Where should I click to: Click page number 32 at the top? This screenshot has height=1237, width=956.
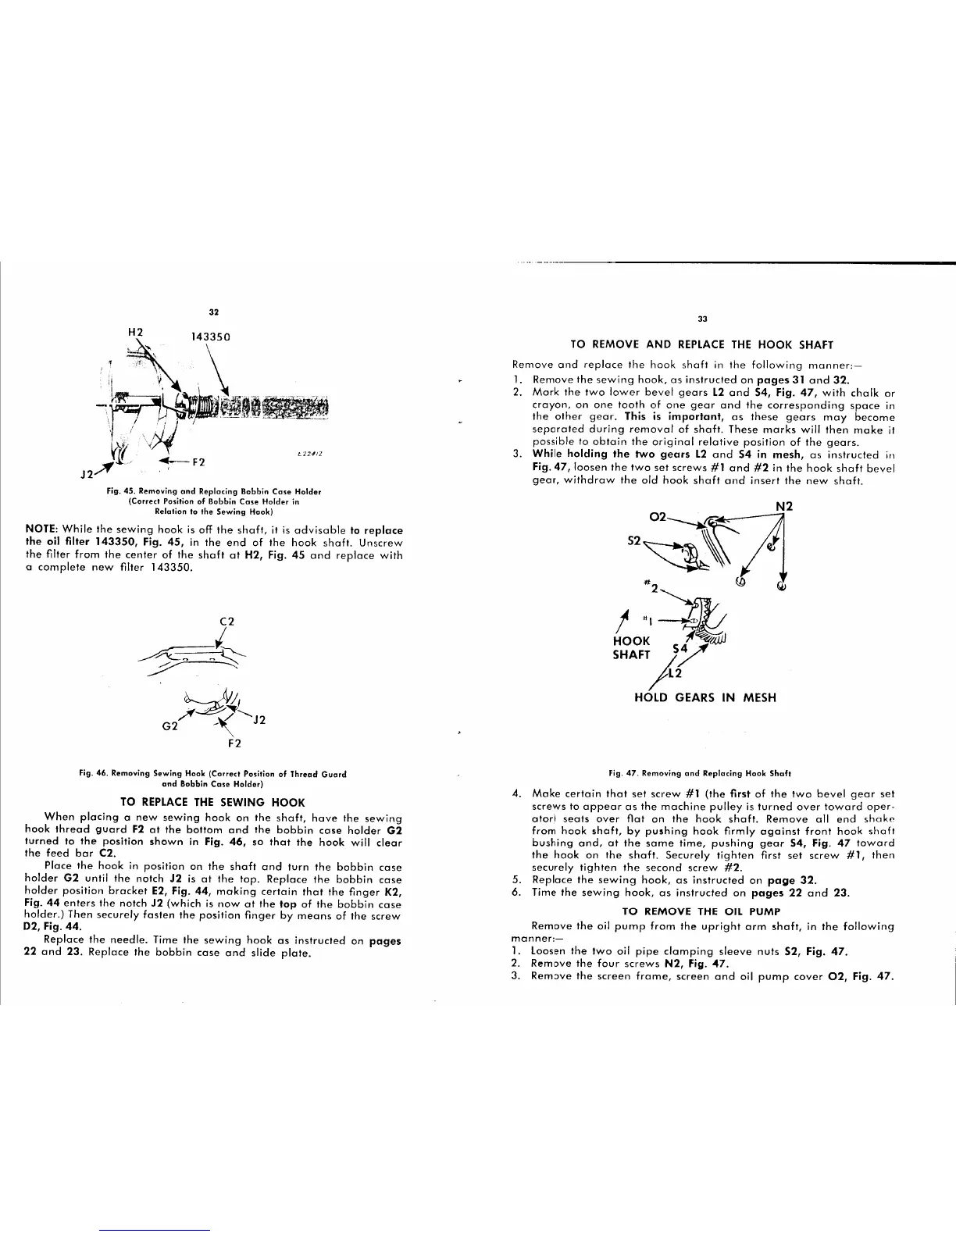[212, 313]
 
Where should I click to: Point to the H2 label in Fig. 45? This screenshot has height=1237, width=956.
[135, 331]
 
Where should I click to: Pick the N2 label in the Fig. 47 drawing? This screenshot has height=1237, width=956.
[784, 506]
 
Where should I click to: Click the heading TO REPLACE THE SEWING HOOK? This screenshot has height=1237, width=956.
[212, 801]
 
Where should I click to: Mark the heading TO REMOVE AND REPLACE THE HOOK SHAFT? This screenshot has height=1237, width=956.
[702, 344]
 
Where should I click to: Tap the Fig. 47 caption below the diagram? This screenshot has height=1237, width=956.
[702, 773]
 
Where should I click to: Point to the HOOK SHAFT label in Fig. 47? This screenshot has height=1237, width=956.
[631, 647]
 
